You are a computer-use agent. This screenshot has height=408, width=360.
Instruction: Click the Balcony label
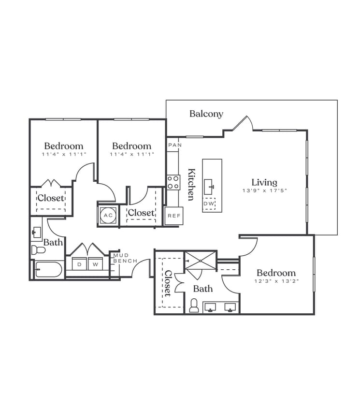tap(206, 114)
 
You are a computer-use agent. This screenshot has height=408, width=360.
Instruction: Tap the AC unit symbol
tap(108, 215)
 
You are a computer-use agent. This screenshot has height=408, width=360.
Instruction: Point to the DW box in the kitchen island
tap(209, 204)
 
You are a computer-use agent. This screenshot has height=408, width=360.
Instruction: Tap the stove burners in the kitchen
tap(173, 182)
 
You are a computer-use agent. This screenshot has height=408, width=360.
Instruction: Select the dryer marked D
tap(80, 264)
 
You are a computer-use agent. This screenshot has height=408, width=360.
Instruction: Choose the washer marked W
tap(95, 264)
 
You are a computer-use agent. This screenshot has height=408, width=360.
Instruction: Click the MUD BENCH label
tap(125, 258)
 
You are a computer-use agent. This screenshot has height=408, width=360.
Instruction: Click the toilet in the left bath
tap(38, 250)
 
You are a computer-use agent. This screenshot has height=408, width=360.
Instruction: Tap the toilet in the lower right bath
tap(194, 306)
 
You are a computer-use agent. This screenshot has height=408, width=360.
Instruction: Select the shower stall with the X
tap(201, 264)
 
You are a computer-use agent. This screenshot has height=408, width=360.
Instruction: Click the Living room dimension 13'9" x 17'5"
tap(265, 190)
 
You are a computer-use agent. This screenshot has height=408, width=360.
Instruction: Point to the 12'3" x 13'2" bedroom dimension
tap(276, 281)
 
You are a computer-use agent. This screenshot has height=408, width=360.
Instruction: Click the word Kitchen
tap(191, 184)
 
